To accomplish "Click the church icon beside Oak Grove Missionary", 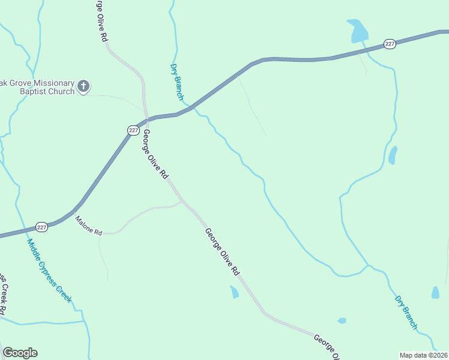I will pyautogui.click(x=84, y=87).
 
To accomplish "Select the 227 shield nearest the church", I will pyautogui.click(x=133, y=130).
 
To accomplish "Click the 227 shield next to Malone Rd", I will pyautogui.click(x=41, y=227).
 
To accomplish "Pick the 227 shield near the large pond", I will pyautogui.click(x=390, y=44).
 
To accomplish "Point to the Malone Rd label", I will pyautogui.click(x=88, y=224).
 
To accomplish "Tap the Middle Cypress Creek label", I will pyautogui.click(x=49, y=271).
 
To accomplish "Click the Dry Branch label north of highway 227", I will pyautogui.click(x=177, y=82).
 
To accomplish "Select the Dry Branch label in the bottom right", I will pyautogui.click(x=406, y=312).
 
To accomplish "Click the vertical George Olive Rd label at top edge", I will pyautogui.click(x=101, y=20).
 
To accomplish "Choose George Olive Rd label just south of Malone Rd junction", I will pyautogui.click(x=221, y=251).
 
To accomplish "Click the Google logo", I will pyautogui.click(x=20, y=353).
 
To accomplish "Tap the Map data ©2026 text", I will pyautogui.click(x=424, y=355).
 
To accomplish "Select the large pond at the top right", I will pyautogui.click(x=358, y=31).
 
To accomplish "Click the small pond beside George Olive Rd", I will pyautogui.click(x=234, y=292).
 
